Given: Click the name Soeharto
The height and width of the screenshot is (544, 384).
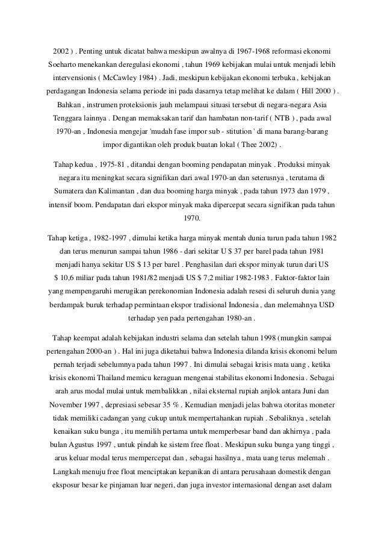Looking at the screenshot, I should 64,63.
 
